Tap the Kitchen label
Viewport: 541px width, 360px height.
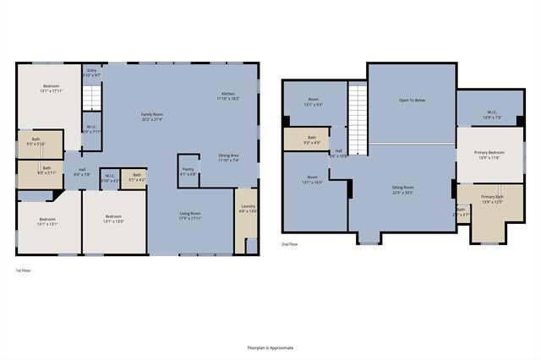228,95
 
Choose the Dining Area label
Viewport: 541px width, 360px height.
228,157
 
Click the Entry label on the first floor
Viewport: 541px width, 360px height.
91,73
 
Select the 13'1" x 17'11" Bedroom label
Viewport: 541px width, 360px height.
52,89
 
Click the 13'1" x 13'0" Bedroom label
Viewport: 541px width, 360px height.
113,219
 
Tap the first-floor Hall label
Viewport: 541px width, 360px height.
82,172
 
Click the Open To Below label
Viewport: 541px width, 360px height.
412,100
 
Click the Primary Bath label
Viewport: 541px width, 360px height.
492,199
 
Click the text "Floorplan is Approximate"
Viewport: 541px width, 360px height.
270,347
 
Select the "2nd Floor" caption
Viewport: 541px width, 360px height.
290,244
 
